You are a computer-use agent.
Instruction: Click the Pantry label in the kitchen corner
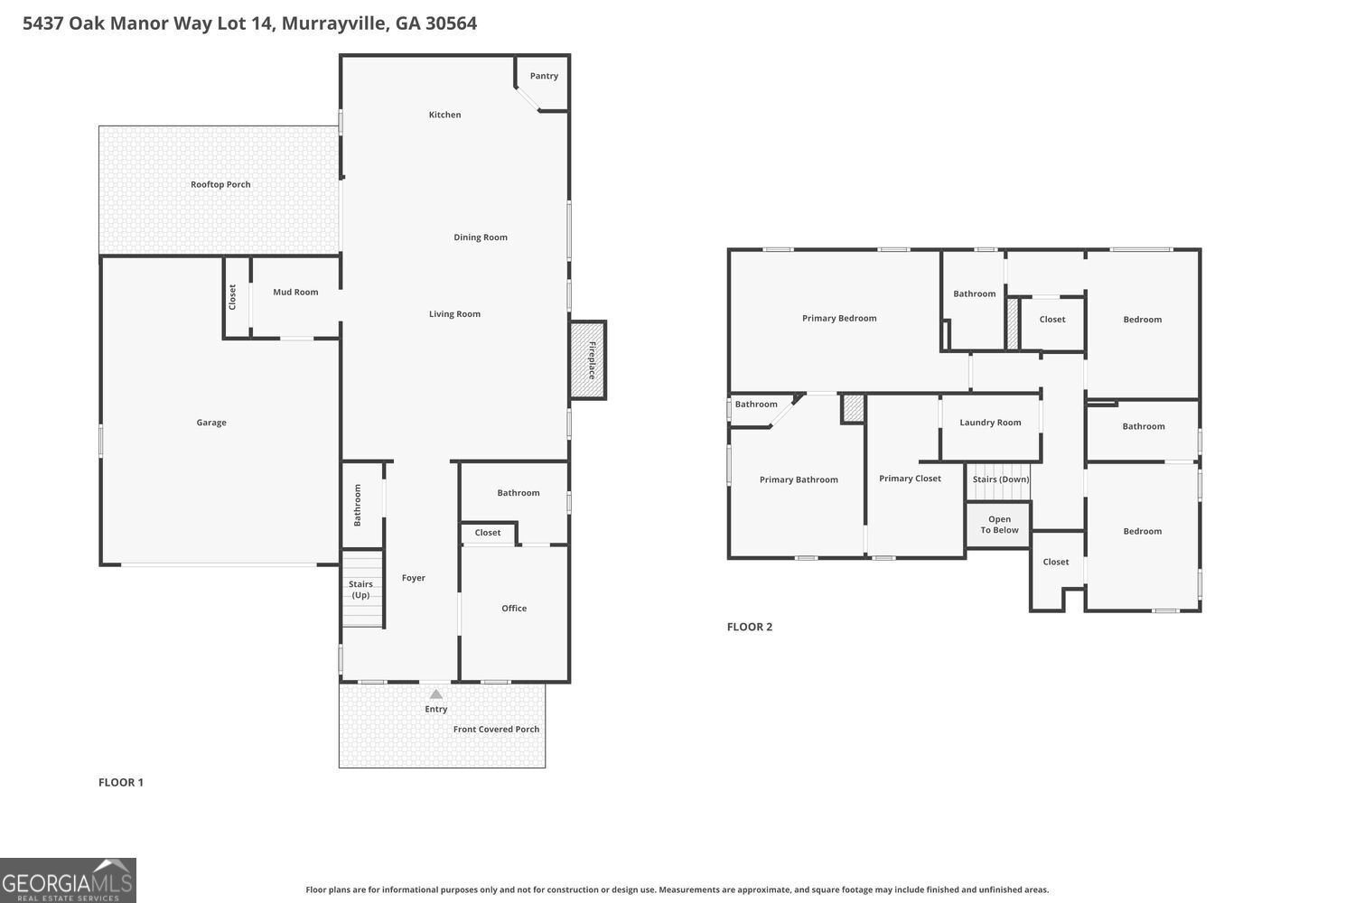544,76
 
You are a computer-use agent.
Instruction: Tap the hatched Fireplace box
588,359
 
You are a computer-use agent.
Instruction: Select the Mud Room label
295,292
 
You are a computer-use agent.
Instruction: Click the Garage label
211,423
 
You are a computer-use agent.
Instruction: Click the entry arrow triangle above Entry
436,694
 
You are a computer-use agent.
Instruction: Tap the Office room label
514,609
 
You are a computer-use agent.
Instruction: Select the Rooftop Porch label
220,184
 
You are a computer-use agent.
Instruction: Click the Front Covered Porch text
496,730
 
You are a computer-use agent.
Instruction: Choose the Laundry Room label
990,423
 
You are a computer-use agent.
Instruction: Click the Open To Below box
999,525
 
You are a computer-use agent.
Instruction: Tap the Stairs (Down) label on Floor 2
1000,479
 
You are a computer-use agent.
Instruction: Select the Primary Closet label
910,479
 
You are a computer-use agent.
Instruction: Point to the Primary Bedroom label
839,318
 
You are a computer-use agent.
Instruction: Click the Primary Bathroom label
799,479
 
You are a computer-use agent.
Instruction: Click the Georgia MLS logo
68,880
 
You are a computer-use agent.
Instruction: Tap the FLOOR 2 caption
750,627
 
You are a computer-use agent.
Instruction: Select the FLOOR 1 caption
121,782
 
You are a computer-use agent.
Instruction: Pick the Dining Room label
481,237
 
